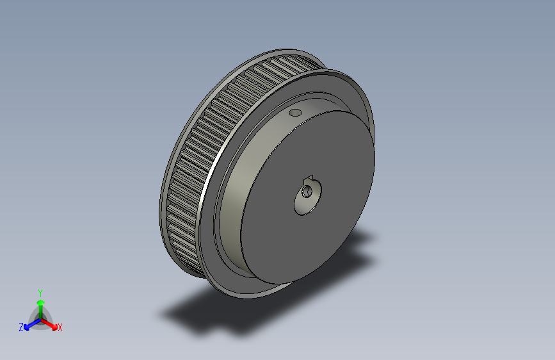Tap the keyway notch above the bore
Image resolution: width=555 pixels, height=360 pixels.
309,178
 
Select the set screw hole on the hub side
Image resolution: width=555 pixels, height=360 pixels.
295,113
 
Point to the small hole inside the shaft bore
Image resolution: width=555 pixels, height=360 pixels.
307,190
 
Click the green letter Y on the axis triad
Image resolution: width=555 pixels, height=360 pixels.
40,291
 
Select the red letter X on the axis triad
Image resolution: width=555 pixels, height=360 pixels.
60,327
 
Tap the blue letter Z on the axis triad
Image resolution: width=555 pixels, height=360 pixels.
21,327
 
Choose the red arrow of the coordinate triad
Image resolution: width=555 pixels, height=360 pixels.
51,324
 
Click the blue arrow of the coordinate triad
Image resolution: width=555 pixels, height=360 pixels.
29,325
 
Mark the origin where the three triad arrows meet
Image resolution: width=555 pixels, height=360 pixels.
40,319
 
